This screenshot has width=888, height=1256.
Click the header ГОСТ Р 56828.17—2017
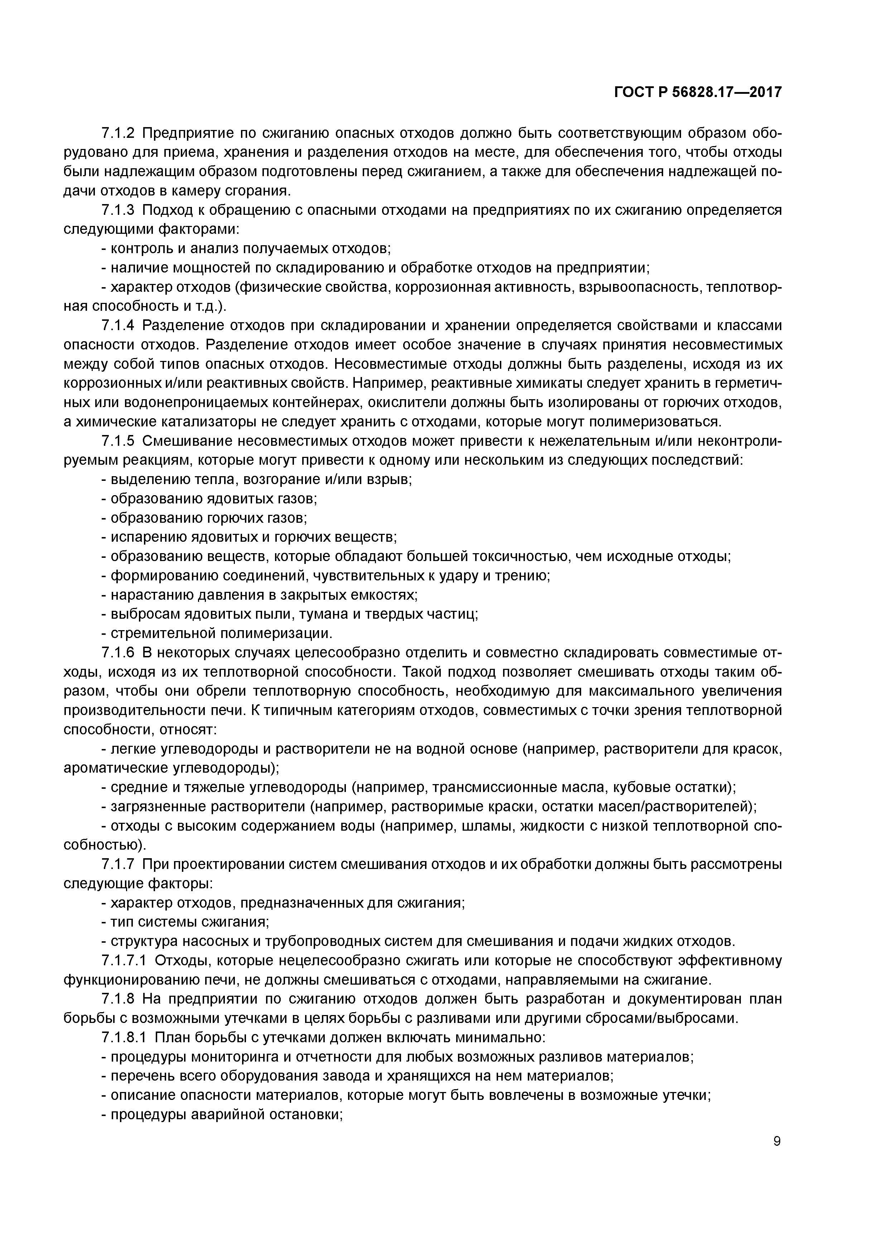click(698, 92)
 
